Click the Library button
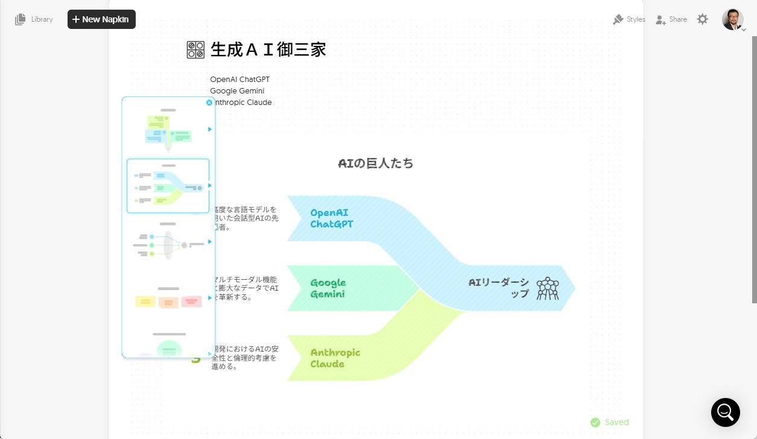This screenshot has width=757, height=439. (x=34, y=19)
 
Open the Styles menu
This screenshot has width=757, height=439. (x=629, y=19)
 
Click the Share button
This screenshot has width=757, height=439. (x=671, y=19)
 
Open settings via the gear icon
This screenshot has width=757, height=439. (x=703, y=19)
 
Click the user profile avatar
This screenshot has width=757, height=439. (x=732, y=19)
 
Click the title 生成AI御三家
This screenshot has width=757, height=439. (x=268, y=49)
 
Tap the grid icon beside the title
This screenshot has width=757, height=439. (x=195, y=49)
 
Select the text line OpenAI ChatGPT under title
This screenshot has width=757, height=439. (x=240, y=79)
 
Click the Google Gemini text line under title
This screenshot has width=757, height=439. (x=237, y=90)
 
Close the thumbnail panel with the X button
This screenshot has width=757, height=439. (x=209, y=103)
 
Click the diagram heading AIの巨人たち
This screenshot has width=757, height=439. (x=376, y=163)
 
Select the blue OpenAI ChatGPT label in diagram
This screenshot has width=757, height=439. (x=331, y=218)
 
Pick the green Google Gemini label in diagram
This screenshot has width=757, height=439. (x=328, y=288)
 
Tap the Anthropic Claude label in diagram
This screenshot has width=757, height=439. (x=335, y=358)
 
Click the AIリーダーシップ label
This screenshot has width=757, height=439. (x=499, y=288)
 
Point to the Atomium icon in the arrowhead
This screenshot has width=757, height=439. (x=548, y=288)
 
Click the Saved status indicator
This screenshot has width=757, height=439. (x=610, y=422)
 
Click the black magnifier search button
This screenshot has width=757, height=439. (x=725, y=412)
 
